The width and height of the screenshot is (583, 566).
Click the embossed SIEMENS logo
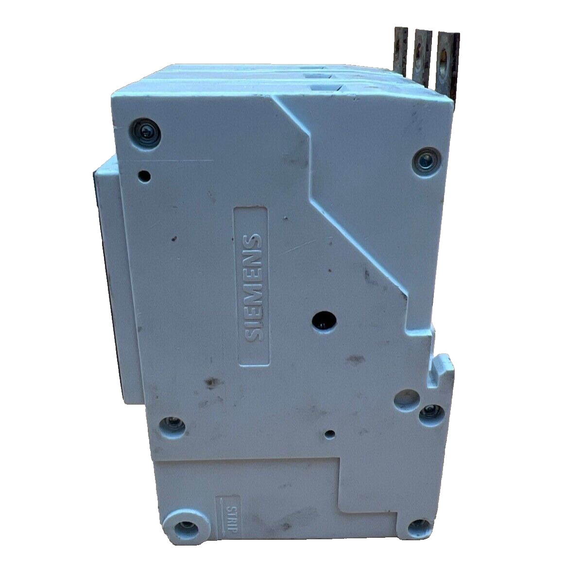(252, 287)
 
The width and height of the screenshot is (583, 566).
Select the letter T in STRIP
(233, 515)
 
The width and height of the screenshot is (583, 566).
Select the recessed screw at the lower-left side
(173, 426)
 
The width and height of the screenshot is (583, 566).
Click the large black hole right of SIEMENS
(322, 320)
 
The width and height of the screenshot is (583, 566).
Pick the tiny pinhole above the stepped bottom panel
(330, 433)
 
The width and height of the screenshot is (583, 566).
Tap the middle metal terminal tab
(421, 55)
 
